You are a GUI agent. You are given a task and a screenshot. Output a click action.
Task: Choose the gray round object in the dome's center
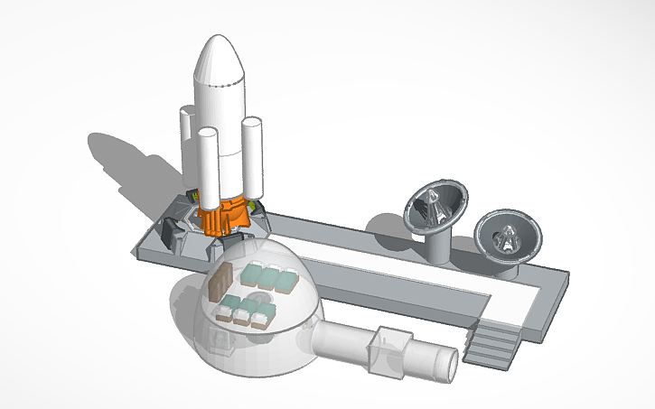pos(259,298)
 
